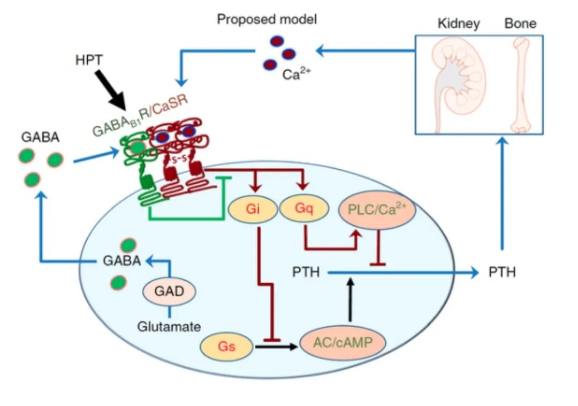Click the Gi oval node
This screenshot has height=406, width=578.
click(x=253, y=209)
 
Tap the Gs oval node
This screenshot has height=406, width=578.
click(x=226, y=347)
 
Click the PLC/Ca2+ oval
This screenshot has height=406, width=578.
click(x=378, y=210)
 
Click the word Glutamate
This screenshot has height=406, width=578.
click(x=169, y=326)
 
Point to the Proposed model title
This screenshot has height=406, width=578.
click(x=267, y=20)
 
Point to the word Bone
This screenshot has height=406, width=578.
click(x=520, y=24)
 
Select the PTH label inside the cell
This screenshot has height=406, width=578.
click(x=306, y=273)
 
